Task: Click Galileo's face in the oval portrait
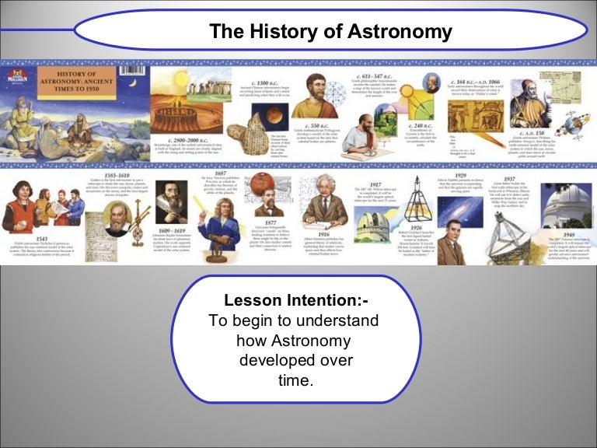117,219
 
